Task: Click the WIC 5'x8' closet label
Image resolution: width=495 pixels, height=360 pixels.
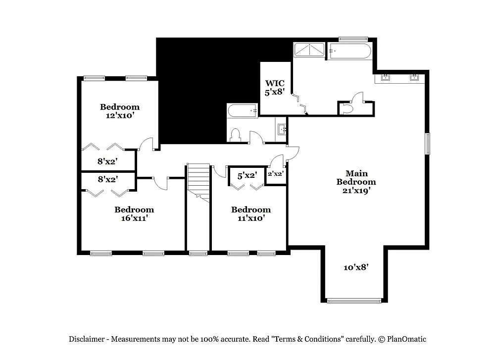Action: pyautogui.click(x=275, y=88)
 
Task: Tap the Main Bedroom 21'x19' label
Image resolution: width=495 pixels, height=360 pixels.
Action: pyautogui.click(x=356, y=181)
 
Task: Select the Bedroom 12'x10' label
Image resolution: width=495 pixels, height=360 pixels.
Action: pyautogui.click(x=120, y=110)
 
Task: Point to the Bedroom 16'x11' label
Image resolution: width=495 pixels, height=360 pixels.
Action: pyautogui.click(x=134, y=213)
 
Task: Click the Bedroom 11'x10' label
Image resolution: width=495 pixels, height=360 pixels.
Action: pyautogui.click(x=251, y=213)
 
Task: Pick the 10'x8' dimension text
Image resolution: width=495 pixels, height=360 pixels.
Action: pyautogui.click(x=356, y=267)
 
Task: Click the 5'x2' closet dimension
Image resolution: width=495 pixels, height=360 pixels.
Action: pyautogui.click(x=247, y=175)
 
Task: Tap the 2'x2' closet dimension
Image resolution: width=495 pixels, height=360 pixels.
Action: pyautogui.click(x=275, y=174)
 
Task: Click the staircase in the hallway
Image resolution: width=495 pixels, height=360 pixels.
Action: pyautogui.click(x=198, y=181)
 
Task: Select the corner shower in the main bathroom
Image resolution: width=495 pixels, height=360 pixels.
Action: pyautogui.click(x=309, y=50)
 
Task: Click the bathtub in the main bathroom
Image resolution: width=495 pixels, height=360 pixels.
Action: pyautogui.click(x=349, y=51)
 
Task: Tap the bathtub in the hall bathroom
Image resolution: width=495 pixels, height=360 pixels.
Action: pyautogui.click(x=242, y=111)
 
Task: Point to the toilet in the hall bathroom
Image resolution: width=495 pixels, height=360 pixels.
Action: pyautogui.click(x=235, y=135)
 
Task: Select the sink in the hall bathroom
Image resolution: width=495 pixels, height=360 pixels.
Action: pyautogui.click(x=281, y=130)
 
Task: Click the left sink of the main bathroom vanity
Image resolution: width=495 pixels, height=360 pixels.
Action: pyautogui.click(x=386, y=77)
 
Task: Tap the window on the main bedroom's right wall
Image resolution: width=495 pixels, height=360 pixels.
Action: pyautogui.click(x=428, y=143)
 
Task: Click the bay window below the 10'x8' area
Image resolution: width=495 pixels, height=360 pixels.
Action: pyautogui.click(x=354, y=300)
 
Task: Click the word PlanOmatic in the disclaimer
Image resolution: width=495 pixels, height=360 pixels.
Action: pyautogui.click(x=407, y=339)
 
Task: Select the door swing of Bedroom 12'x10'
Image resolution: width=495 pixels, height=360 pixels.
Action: pyautogui.click(x=146, y=144)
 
